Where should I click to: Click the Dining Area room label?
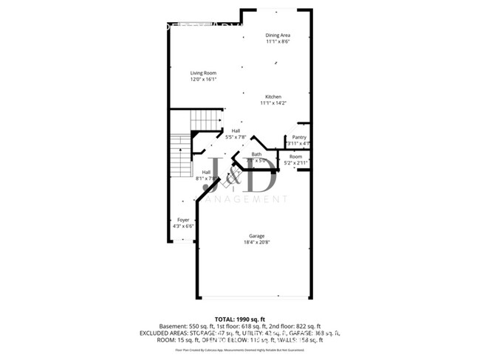[278, 35]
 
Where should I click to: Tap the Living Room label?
[203, 72]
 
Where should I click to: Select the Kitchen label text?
[273, 97]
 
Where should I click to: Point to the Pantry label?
[299, 136]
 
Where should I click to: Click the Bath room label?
[256, 154]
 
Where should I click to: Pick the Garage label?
[256, 236]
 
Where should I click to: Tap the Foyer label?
[183, 220]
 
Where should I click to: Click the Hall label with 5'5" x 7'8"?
[236, 131]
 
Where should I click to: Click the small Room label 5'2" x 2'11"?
[295, 156]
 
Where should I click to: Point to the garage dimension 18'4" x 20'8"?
[256, 243]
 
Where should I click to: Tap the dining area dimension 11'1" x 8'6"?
[278, 41]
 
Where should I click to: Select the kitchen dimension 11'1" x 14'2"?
[273, 103]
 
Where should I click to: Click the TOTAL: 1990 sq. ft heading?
[239, 319]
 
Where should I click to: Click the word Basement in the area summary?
[172, 326]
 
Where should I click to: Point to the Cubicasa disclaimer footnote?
[239, 349]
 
